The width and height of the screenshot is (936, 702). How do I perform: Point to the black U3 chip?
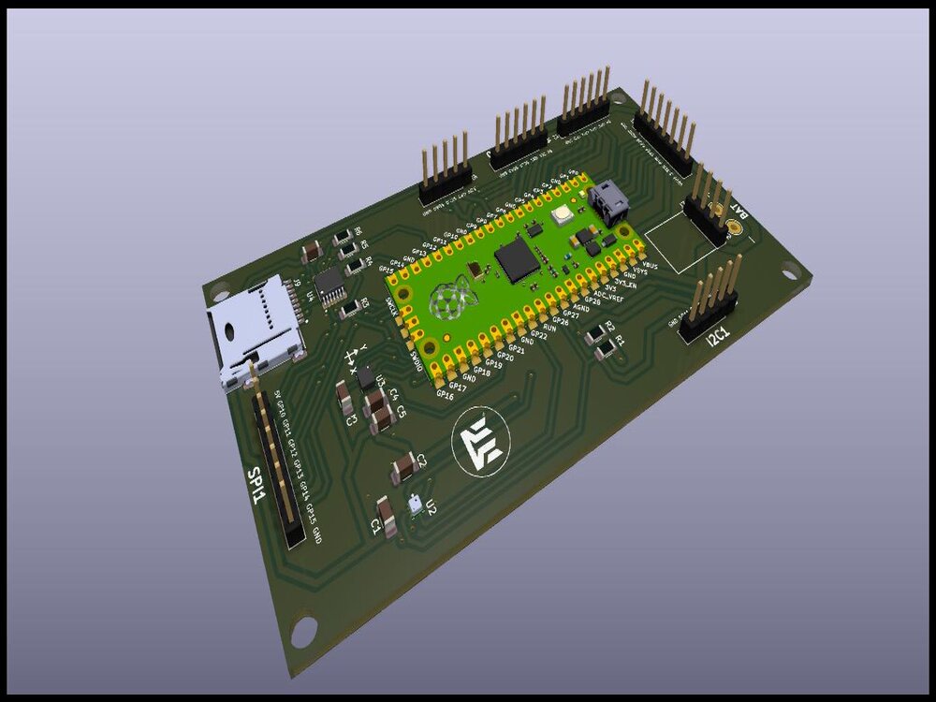tap(363, 376)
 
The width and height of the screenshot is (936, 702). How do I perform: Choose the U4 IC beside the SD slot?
tap(329, 285)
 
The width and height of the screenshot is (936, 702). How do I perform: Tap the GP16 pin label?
tap(445, 395)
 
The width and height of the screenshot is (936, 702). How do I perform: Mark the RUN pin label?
tap(549, 329)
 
